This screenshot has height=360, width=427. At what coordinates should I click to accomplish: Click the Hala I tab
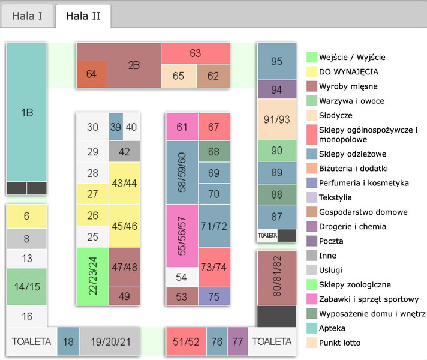click(x=27, y=16)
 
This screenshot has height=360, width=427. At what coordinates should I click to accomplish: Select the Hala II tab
click(x=83, y=16)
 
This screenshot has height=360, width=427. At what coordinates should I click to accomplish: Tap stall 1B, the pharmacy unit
click(x=26, y=112)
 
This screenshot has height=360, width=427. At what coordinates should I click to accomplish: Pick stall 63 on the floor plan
click(x=196, y=53)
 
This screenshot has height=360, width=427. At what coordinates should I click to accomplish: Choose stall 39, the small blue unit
click(x=116, y=127)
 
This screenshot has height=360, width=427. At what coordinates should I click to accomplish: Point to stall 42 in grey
click(x=124, y=152)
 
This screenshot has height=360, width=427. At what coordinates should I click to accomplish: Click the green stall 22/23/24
click(x=92, y=276)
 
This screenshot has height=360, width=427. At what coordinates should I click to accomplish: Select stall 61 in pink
click(x=182, y=127)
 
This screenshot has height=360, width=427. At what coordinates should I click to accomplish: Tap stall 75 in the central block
click(x=214, y=296)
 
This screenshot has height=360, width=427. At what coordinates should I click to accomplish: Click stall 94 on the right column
click(x=276, y=89)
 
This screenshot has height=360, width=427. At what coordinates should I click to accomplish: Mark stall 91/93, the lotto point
click(x=276, y=119)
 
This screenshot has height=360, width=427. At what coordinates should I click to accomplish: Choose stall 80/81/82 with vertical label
click(x=276, y=277)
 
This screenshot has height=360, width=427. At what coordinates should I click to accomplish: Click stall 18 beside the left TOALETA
click(x=68, y=341)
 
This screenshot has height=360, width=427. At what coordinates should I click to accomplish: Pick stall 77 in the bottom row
click(x=237, y=341)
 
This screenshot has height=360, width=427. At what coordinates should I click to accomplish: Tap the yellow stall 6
click(x=26, y=216)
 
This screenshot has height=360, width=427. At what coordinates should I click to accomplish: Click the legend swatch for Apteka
click(x=312, y=329)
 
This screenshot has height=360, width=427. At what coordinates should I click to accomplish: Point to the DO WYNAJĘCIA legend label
click(x=348, y=72)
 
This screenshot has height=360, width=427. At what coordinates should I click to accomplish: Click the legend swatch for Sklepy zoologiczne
click(x=312, y=285)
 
